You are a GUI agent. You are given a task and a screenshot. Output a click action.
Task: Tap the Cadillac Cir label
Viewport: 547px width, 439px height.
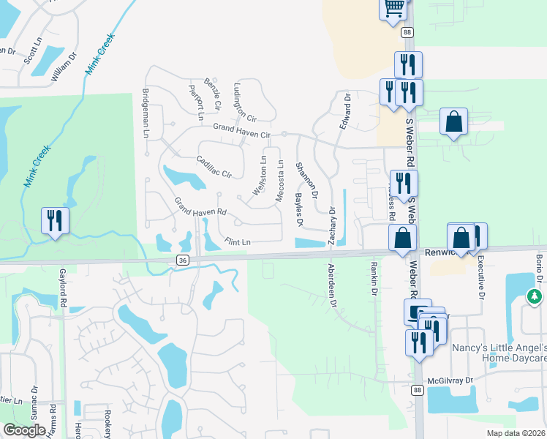point(214,168)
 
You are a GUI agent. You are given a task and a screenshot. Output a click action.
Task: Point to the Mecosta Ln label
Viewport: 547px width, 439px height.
point(279,181)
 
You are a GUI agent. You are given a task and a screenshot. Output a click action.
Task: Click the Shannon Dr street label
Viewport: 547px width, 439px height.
point(306,180)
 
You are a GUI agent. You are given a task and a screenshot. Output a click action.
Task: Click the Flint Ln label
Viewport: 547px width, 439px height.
point(238,241)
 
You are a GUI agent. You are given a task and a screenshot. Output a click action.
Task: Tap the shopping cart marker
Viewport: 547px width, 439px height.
point(393,7)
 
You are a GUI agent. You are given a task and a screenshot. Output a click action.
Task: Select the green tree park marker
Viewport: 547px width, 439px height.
point(535,296)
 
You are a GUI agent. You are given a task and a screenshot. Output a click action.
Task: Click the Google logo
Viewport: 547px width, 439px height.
point(25,430)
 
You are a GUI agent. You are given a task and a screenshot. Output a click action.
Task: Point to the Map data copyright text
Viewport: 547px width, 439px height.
point(516,433)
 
